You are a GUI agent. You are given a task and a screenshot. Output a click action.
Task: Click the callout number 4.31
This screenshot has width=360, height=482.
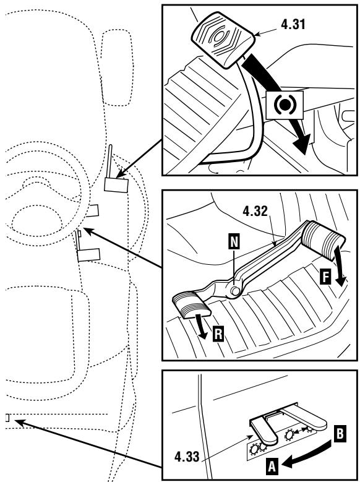click(x=293, y=24)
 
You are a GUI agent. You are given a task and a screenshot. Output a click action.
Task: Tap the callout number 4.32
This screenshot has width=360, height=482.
click(x=255, y=211)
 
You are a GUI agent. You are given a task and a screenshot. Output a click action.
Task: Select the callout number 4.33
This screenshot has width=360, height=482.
click(x=187, y=457)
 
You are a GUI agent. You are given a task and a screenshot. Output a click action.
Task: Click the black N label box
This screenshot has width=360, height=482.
click(x=234, y=241)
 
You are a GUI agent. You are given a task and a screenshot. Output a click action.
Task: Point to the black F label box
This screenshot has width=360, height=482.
click(x=325, y=276)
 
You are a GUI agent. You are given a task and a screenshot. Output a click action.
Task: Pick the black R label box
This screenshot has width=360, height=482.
click(x=218, y=334)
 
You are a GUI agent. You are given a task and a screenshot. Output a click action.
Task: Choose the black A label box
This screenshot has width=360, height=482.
click(x=272, y=466)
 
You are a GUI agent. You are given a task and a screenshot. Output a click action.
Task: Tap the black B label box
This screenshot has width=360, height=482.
click(x=340, y=434)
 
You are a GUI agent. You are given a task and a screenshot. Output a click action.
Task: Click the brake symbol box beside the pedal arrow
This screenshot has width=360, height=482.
click(x=285, y=105)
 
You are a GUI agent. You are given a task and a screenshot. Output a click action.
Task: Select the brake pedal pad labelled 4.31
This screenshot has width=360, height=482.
click(x=223, y=40)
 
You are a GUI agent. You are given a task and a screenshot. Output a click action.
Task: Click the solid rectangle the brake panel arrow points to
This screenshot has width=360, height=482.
click(x=116, y=185)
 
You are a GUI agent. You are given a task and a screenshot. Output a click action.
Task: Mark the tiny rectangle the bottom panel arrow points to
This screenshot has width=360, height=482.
click(x=7, y=418)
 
